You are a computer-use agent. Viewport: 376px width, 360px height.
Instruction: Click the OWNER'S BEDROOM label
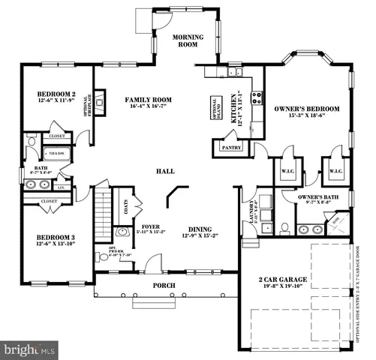click(x=307, y=109)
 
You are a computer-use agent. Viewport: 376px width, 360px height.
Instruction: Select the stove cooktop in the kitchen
click(x=256, y=97)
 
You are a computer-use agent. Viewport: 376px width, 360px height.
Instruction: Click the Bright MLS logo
click(x=30, y=349)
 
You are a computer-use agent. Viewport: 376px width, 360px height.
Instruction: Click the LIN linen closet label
click(x=60, y=187)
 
